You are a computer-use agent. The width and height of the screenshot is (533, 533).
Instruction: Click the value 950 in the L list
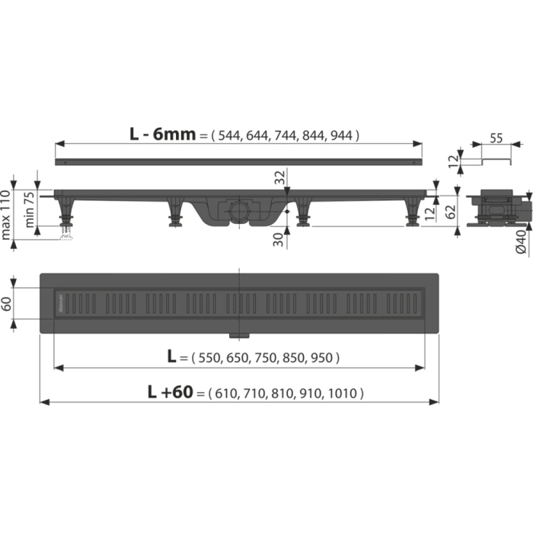point(323,357)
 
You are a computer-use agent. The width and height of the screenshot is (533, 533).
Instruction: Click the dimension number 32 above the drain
point(281,179)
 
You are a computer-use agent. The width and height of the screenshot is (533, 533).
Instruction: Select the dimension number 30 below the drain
point(281,238)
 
